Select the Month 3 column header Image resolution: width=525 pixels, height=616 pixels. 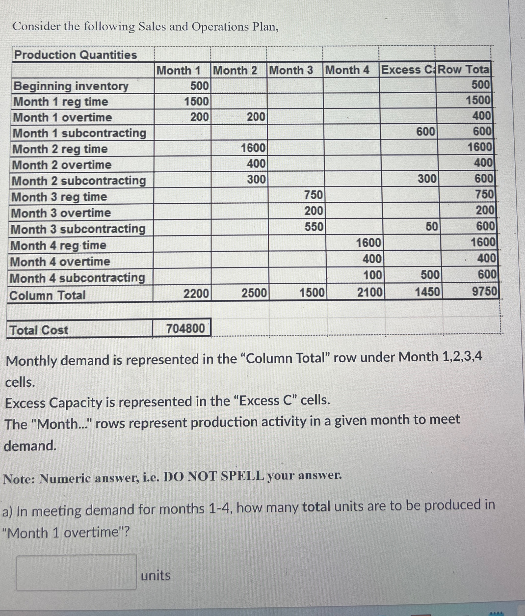point(291,70)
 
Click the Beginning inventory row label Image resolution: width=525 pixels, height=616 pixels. point(71,86)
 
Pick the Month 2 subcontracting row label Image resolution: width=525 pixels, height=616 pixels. point(79,181)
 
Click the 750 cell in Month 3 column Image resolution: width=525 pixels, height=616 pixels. point(314,195)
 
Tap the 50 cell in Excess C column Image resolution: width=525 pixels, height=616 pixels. point(432,227)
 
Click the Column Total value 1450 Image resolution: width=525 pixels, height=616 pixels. point(427,292)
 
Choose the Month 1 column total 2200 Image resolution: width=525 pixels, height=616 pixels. point(196,294)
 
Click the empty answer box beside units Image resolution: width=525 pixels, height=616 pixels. point(77,572)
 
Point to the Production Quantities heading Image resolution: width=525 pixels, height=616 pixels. point(76,55)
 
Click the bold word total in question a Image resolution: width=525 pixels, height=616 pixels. point(316,506)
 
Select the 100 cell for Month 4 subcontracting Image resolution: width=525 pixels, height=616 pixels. point(372,275)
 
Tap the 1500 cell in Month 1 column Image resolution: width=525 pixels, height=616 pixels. point(196,102)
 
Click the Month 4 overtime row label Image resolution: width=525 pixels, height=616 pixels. point(60,262)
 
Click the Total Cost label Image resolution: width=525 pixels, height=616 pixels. point(39,330)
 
